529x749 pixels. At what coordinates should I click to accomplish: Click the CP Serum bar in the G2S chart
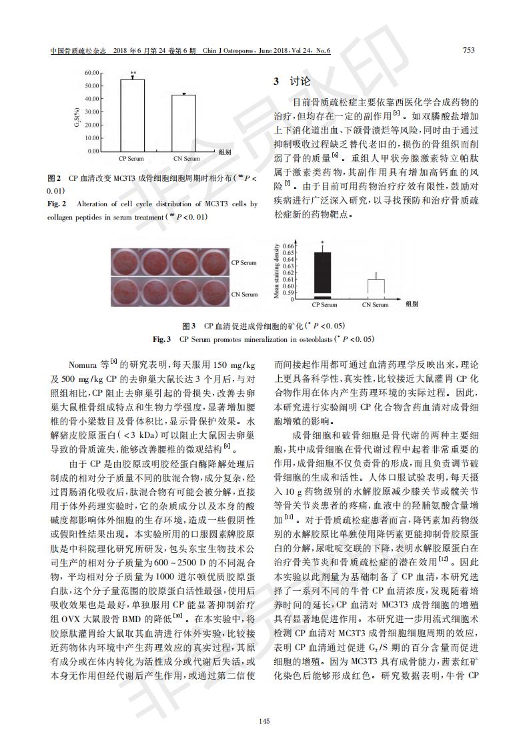[x=132, y=115]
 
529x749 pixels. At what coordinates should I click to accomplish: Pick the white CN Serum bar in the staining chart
[x=377, y=288]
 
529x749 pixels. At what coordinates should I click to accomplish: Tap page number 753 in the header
[x=469, y=51]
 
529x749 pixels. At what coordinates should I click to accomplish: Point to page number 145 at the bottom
[x=264, y=720]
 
